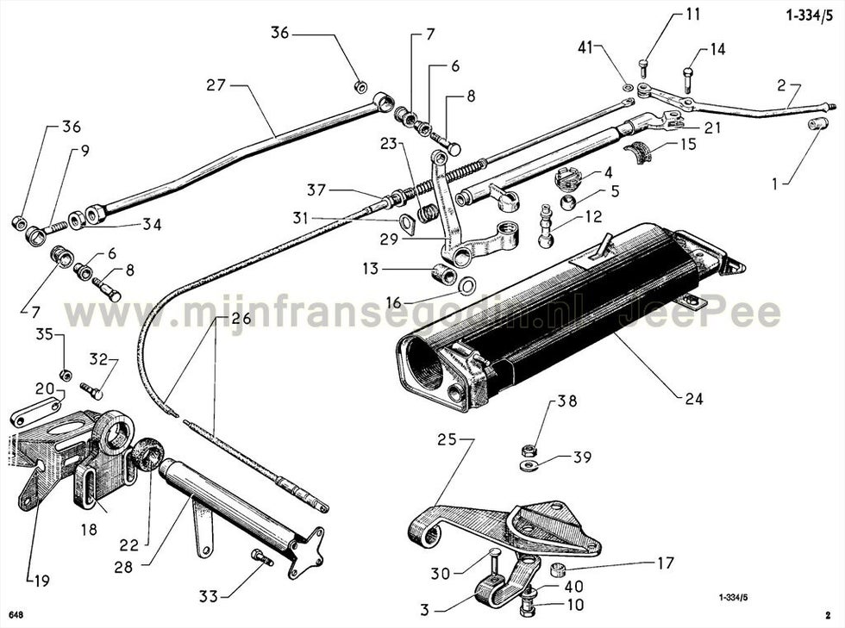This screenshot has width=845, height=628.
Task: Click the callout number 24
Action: point(694,399)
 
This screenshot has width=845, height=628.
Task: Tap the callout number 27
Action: point(216,85)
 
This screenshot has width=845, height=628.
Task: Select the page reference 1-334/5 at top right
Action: point(810,16)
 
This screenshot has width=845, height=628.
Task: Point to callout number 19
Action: point(41,581)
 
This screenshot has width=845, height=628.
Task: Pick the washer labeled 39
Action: point(527,464)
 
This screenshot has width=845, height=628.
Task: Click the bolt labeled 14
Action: point(689,80)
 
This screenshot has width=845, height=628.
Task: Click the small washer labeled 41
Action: point(628,87)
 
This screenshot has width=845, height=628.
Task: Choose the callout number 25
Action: point(447,439)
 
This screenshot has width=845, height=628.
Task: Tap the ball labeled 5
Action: point(568,202)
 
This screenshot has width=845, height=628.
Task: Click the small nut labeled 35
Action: point(66,375)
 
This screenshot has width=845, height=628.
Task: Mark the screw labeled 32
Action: point(91,390)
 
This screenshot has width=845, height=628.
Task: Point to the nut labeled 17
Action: point(559,569)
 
